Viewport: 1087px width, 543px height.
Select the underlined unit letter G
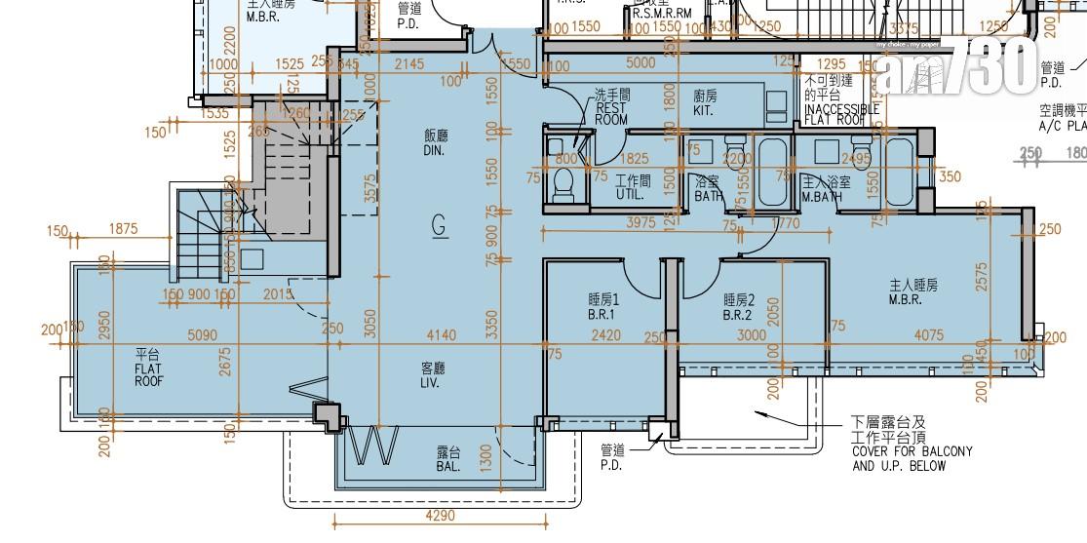[439, 226]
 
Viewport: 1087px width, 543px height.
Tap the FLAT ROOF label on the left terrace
[149, 374]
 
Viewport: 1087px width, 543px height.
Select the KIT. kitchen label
[706, 103]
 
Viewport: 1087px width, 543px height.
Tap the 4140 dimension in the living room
[440, 335]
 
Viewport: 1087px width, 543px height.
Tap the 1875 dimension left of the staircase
[123, 229]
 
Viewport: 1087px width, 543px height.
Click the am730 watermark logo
[954, 68]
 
